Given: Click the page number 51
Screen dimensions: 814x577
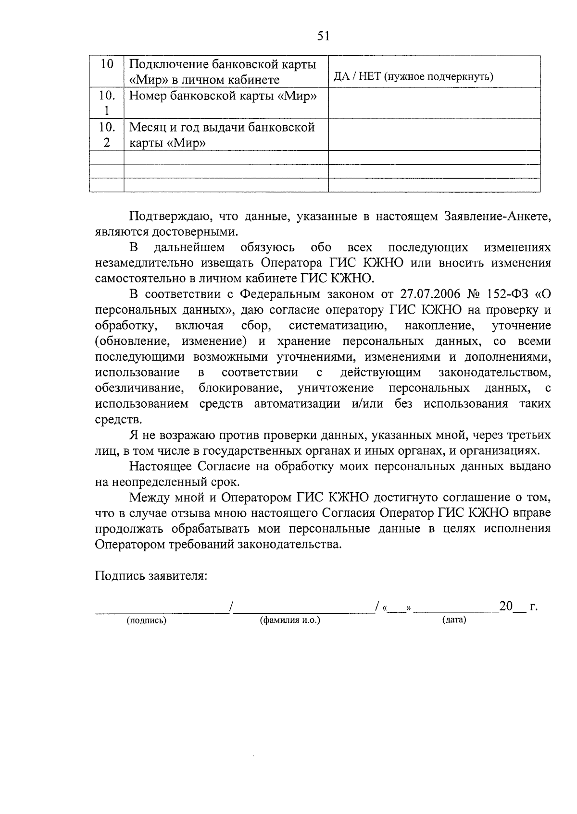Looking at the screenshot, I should pyautogui.click(x=323, y=36).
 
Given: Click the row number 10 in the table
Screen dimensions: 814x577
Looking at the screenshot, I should pyautogui.click(x=107, y=65).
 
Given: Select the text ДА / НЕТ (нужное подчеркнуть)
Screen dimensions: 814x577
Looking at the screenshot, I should pyautogui.click(x=413, y=77).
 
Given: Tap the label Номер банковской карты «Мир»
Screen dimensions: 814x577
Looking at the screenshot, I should pyautogui.click(x=224, y=96).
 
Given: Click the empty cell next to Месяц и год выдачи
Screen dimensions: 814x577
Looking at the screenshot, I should pyautogui.click(x=434, y=135).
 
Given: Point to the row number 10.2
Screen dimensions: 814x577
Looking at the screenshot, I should pyautogui.click(x=107, y=135).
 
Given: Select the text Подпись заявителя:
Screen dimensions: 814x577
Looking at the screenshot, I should pyautogui.click(x=151, y=576).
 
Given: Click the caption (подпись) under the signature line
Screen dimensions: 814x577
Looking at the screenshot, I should pyautogui.click(x=146, y=620).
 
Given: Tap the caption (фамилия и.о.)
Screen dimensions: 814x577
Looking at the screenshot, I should pyautogui.click(x=290, y=620).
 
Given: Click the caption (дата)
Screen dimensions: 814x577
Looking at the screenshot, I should pyautogui.click(x=454, y=620).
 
